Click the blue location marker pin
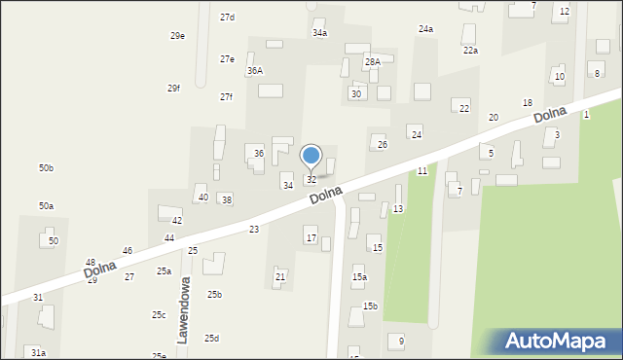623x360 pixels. (311, 157)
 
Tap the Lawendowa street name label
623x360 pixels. (182, 309)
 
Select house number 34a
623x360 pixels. (319, 33)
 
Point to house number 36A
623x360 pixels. (255, 71)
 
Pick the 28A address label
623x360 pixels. (373, 61)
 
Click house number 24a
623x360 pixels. (425, 29)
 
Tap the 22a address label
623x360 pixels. (470, 51)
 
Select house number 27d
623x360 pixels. (227, 18)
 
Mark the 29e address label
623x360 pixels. (177, 36)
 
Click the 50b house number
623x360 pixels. (46, 168)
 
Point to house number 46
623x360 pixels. (127, 251)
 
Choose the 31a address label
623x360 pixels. (37, 352)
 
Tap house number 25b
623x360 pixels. (214, 295)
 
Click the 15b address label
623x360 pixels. (370, 306)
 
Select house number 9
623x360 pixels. (400, 342)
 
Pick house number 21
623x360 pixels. (280, 277)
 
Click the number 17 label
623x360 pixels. (311, 238)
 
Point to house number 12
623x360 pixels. (565, 11)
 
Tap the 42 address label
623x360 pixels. (177, 221)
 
